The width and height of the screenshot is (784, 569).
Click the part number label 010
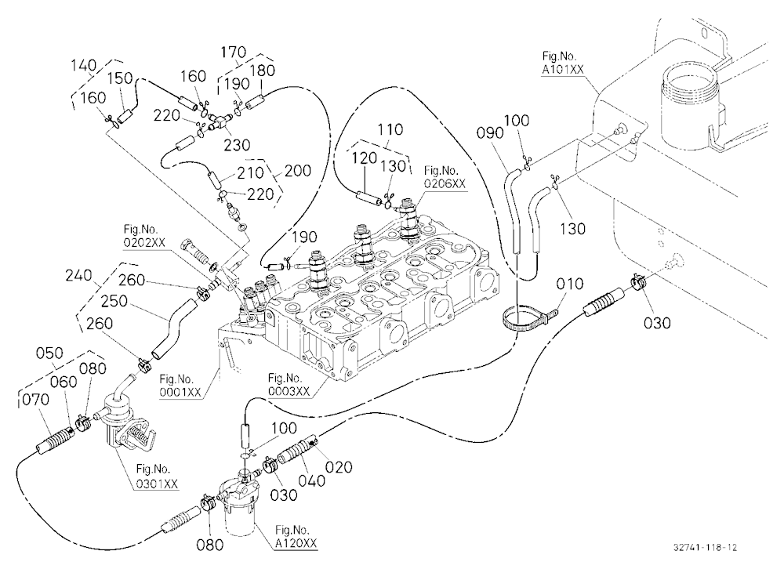[x=569, y=284]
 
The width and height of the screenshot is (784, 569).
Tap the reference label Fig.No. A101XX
[x=562, y=63]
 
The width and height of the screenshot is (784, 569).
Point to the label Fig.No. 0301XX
[x=157, y=476]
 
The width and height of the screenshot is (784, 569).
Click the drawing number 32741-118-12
[x=705, y=547]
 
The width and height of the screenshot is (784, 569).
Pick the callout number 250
[x=114, y=301]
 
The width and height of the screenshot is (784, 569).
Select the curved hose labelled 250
[x=173, y=328]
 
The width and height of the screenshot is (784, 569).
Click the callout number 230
[x=236, y=145]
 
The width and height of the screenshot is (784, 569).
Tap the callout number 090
[x=489, y=132]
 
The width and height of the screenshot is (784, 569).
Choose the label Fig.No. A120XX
[x=296, y=536]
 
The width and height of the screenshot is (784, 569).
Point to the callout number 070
[x=35, y=399]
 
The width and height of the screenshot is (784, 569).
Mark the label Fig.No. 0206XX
[x=445, y=177]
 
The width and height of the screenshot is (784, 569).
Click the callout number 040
[x=312, y=481]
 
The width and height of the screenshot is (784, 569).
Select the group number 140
[x=83, y=65]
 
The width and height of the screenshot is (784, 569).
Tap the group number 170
[x=233, y=52]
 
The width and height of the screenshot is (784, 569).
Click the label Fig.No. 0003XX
[x=289, y=384]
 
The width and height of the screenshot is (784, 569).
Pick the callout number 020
[x=339, y=467]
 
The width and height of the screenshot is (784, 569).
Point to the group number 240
[x=78, y=275]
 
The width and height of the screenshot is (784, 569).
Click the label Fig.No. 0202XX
[x=144, y=236]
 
